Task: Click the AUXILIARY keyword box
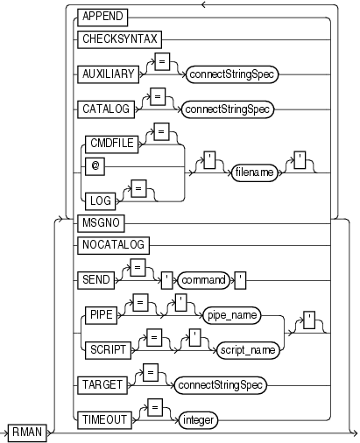pyautogui.click(x=109, y=75)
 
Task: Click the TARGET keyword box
pyautogui.click(x=102, y=383)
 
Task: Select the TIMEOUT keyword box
pyautogui.click(x=106, y=418)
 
